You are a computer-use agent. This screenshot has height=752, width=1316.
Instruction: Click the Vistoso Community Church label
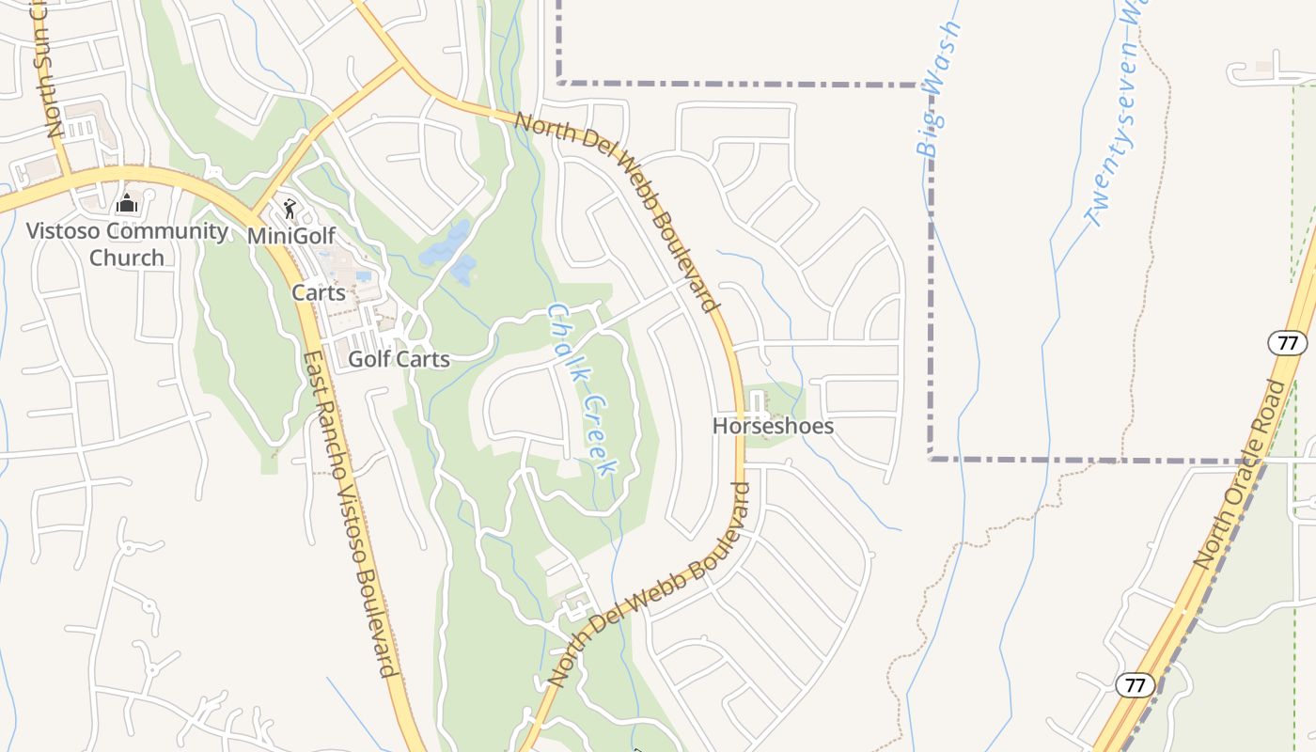click(x=127, y=244)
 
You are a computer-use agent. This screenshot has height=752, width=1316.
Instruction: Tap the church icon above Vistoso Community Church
click(x=127, y=203)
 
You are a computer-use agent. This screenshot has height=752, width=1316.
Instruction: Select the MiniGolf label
click(x=291, y=235)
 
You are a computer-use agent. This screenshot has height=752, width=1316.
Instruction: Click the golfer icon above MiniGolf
click(x=290, y=208)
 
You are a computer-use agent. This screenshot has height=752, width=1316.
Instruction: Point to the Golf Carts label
click(x=399, y=359)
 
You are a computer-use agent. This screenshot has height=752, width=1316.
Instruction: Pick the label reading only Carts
click(x=319, y=292)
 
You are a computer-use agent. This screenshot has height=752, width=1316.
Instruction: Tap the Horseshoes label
click(x=773, y=427)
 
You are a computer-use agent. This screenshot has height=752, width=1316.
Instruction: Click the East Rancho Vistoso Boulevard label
click(x=348, y=514)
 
